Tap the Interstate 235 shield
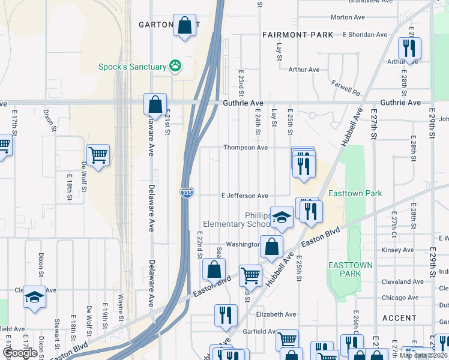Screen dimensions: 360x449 coord(186,193)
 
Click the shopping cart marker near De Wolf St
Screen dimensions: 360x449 coord(98,155)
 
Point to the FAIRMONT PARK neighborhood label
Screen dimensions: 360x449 coord(298,35)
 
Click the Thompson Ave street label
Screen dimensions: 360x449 coord(246,147)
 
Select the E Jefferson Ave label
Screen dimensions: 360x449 coord(244,196)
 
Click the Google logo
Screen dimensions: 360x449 coord(19,353)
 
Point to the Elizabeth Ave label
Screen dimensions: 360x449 coord(276,314)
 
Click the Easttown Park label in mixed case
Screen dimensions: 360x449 coord(355,194)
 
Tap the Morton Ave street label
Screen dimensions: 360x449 coord(348,17)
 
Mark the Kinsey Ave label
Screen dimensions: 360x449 coord(397,250)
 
